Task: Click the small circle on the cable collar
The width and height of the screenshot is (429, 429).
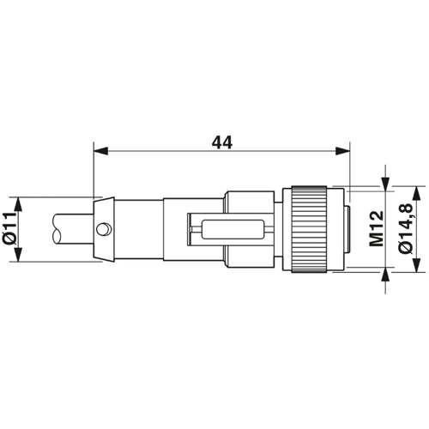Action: pyautogui.click(x=105, y=229)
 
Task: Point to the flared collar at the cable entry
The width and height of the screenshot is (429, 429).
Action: pyautogui.click(x=103, y=230)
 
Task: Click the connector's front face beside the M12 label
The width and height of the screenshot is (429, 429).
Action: pyautogui.click(x=345, y=230)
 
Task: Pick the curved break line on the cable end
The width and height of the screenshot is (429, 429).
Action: pyautogui.click(x=55, y=230)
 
